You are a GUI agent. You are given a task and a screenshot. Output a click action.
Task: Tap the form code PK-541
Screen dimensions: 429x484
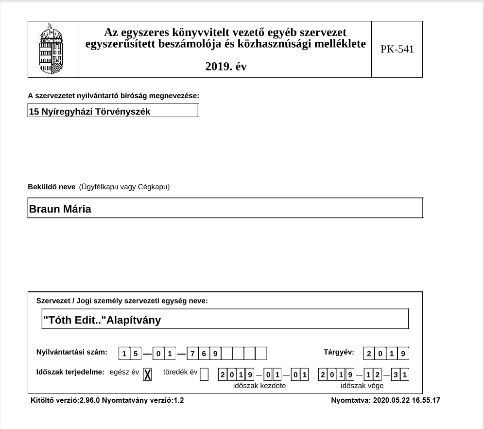tap(397, 49)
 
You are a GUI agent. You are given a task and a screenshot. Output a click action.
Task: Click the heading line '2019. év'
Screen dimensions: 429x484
tap(226, 67)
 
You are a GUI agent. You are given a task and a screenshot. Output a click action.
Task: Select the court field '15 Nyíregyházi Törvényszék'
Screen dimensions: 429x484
tap(113, 111)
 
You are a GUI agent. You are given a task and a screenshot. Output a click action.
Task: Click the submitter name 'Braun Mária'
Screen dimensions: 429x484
tap(60, 209)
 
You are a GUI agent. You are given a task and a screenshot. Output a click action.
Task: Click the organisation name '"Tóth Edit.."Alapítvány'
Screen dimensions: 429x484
tap(102, 320)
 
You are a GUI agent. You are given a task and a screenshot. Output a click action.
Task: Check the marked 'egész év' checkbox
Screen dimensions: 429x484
tap(148, 374)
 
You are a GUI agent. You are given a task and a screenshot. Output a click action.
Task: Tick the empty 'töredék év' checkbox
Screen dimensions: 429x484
tap(204, 374)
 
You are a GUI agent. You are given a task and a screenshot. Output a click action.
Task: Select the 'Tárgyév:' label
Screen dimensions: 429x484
tap(339, 352)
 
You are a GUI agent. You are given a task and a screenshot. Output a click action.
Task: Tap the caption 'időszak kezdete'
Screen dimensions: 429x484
tap(259, 386)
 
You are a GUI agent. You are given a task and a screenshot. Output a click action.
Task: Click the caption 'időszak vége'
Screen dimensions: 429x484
tap(362, 386)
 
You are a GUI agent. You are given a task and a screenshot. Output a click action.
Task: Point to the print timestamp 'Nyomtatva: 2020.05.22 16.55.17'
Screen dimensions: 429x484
tap(385, 401)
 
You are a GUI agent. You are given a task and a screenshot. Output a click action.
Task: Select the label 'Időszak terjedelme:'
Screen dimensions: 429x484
tap(70, 373)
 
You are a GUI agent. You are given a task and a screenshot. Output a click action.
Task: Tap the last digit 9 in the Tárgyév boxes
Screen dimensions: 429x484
tap(403, 354)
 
